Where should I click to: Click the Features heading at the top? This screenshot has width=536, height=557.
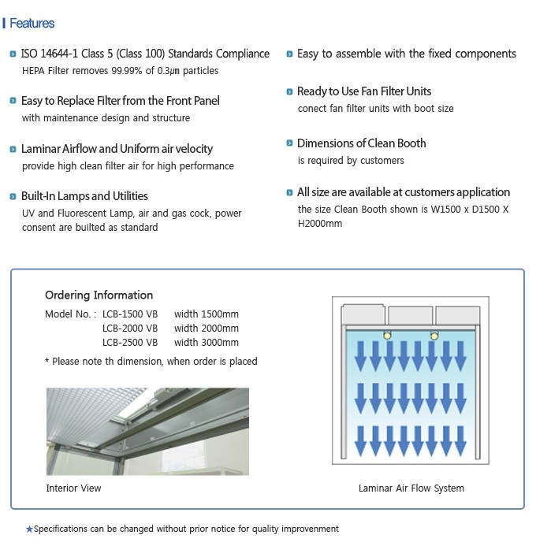pos(32,24)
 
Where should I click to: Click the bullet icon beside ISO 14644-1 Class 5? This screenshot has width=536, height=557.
pos(13,54)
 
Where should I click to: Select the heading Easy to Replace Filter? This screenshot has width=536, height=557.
pos(120,101)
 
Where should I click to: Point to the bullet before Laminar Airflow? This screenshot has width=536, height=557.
pos(13,149)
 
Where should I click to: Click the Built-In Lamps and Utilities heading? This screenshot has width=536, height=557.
pos(84,196)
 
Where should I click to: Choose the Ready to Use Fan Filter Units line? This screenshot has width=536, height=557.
pos(364,91)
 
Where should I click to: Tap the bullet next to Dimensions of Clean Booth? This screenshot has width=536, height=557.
pos(288,143)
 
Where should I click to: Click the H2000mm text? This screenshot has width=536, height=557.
pos(320,224)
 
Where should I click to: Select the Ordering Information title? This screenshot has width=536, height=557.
pos(99,295)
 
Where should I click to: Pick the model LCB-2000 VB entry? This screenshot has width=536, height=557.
pos(130,327)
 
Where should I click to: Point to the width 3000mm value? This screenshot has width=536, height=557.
pos(207,343)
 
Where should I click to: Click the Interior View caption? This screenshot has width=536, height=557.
pos(73,488)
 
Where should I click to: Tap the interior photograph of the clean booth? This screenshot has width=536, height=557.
pos(147,431)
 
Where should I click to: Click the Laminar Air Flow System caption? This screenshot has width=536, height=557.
pos(411,488)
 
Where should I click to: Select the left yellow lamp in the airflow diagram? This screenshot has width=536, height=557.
pos(387,335)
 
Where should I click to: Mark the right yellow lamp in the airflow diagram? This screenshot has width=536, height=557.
pos(434,335)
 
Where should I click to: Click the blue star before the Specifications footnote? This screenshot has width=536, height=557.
pos(29,529)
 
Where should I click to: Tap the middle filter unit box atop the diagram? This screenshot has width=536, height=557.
pos(410,314)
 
